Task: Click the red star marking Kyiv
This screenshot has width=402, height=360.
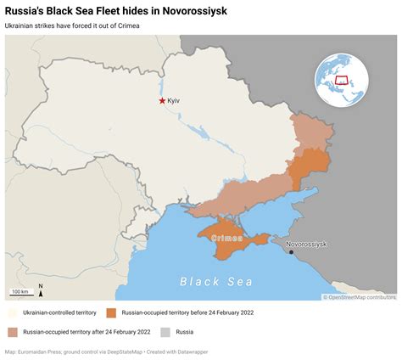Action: pyautogui.click(x=163, y=101)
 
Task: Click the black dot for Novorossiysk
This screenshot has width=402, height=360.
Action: pyautogui.click(x=293, y=252)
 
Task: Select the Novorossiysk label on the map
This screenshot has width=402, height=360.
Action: pyautogui.click(x=306, y=244)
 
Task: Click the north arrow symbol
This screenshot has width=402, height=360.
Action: pyautogui.click(x=41, y=289)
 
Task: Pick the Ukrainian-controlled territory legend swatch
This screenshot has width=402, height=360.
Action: pyautogui.click(x=12, y=312)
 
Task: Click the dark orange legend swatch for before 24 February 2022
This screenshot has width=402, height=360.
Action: pyautogui.click(x=112, y=312)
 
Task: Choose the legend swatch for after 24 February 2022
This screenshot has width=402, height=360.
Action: pyautogui.click(x=12, y=332)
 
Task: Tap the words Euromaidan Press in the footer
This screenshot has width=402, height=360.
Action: pyautogui.click(x=46, y=352)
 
